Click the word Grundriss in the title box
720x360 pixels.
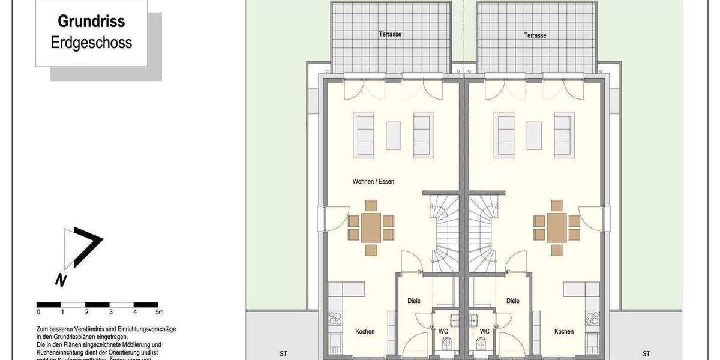[x=91, y=22]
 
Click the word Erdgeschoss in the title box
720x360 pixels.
[x=91, y=43]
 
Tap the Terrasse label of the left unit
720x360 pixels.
[x=390, y=35]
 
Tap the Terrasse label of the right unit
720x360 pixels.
[x=535, y=35]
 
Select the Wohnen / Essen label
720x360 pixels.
[x=373, y=181]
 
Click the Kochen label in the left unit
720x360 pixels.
[x=365, y=331]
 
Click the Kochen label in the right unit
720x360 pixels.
[x=563, y=331]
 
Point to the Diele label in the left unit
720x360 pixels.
[x=413, y=301]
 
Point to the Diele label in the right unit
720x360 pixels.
[x=512, y=301]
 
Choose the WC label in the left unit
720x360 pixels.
[x=443, y=331]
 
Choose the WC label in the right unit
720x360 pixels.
[x=484, y=331]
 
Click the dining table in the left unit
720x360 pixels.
[x=371, y=227]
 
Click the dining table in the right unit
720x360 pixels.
[x=557, y=227]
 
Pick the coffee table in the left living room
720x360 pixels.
[x=393, y=136]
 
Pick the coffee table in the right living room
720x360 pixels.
[x=535, y=136]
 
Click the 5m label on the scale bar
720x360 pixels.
[x=159, y=312]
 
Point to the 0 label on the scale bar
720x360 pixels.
[x=38, y=312]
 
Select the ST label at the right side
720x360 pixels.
[x=646, y=353]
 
